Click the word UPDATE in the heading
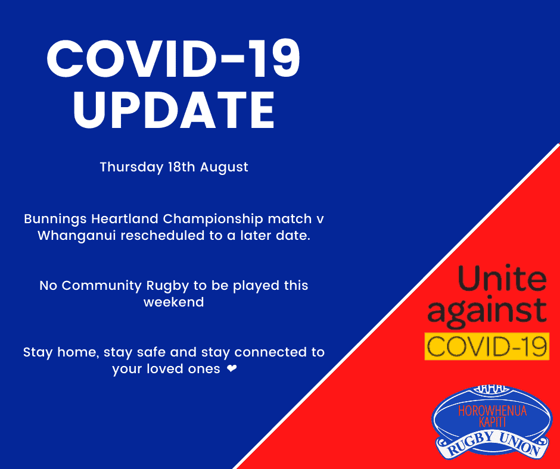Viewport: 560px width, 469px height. pos(174,110)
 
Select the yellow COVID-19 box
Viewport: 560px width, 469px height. pos(487,346)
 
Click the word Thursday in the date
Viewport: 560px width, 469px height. pos(132,167)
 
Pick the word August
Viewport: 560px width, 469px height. pos(224,167)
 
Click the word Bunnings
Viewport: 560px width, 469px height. pos(55,219)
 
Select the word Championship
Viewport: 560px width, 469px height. pos(213,219)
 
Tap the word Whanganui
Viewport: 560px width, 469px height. pos(76,236)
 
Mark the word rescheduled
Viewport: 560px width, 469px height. pos(164,236)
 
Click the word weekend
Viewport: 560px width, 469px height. pos(173,302)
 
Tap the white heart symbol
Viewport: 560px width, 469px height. pos(232,368)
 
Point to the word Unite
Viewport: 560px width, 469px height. pos(502,278)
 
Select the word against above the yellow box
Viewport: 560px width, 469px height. pos(487,311)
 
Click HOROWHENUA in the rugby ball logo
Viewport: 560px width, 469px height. pos(493,411)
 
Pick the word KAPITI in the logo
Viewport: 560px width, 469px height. pos(493,422)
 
